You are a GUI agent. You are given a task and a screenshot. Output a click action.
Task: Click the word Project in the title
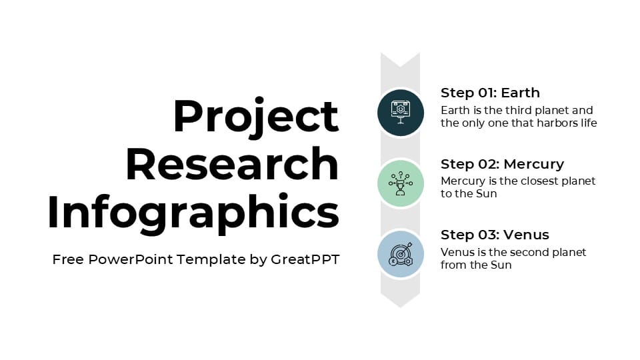click(255, 117)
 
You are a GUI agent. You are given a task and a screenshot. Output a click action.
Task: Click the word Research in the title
click(232, 164)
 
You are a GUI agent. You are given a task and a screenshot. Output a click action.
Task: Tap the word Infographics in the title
click(193, 212)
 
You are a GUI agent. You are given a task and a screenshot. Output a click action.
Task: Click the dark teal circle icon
click(400, 112)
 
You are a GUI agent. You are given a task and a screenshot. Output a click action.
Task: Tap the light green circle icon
click(400, 183)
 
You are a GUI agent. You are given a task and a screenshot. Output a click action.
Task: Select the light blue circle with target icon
click(400, 254)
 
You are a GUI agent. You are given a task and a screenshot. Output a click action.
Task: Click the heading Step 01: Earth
click(490, 93)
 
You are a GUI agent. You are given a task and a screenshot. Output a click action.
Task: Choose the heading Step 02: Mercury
click(502, 164)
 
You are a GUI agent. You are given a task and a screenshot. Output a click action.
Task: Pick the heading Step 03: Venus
click(495, 235)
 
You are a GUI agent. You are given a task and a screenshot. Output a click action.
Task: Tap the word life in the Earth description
click(589, 123)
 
